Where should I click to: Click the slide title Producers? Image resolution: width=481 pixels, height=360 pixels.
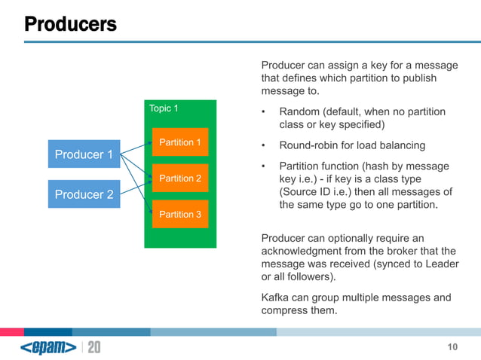pyautogui.click(x=70, y=24)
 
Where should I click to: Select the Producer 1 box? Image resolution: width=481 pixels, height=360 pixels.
pyautogui.click(x=84, y=155)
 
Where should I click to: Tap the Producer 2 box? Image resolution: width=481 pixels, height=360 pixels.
pyautogui.click(x=84, y=194)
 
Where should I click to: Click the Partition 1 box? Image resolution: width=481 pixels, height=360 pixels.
pyautogui.click(x=179, y=142)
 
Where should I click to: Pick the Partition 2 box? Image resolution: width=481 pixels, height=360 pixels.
pyautogui.click(x=179, y=178)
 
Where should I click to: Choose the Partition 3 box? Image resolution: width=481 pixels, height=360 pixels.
pyautogui.click(x=179, y=215)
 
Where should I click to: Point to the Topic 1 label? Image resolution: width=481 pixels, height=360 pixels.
pyautogui.click(x=164, y=108)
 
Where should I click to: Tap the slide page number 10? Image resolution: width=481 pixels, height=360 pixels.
pyautogui.click(x=452, y=347)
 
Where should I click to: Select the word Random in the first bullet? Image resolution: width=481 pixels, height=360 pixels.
pyautogui.click(x=301, y=112)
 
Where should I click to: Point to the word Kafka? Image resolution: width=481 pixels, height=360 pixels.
pyautogui.click(x=275, y=297)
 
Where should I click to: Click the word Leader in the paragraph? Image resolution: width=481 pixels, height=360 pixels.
pyautogui.click(x=441, y=264)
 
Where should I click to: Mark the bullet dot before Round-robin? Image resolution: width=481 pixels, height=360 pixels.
pyautogui.click(x=264, y=145)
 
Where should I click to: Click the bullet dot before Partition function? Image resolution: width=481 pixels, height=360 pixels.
pyautogui.click(x=264, y=166)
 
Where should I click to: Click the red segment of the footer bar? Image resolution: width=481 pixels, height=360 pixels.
pyautogui.click(x=11, y=331)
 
